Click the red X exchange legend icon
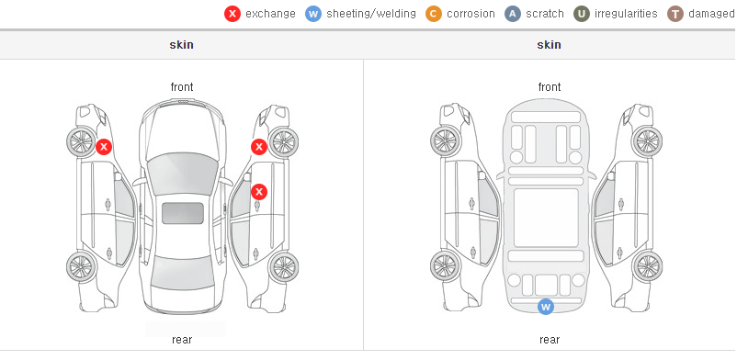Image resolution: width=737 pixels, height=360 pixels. click(x=232, y=14)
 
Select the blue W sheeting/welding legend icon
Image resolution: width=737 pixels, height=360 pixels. click(x=313, y=14)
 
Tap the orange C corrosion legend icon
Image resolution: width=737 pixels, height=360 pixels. click(x=434, y=14)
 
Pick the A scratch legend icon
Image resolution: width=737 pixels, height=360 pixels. click(x=513, y=14)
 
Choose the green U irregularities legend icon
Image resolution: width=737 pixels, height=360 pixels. click(x=582, y=14)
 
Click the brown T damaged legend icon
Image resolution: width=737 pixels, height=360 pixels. click(x=675, y=14)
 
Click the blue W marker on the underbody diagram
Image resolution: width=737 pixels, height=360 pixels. click(x=546, y=307)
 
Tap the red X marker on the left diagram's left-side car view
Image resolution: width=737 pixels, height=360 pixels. click(x=104, y=147)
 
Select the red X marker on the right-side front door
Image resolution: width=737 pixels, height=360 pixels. click(x=259, y=192)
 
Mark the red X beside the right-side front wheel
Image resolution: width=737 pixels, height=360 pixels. click(x=259, y=147)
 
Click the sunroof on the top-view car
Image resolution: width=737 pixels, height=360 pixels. click(x=183, y=213)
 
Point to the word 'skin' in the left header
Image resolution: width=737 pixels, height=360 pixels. click(x=181, y=45)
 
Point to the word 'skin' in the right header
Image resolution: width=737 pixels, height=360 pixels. click(x=549, y=45)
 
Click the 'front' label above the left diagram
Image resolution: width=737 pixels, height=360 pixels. click(x=182, y=87)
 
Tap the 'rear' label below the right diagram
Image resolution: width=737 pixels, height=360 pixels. click(x=550, y=340)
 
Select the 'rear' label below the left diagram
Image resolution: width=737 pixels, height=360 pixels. click(x=182, y=340)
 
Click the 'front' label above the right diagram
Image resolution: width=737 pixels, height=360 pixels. click(x=550, y=87)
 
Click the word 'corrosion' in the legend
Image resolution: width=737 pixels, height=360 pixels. click(x=471, y=14)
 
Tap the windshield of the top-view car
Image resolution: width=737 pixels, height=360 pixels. click(x=183, y=174)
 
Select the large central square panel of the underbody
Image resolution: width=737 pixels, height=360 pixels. click(x=546, y=218)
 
